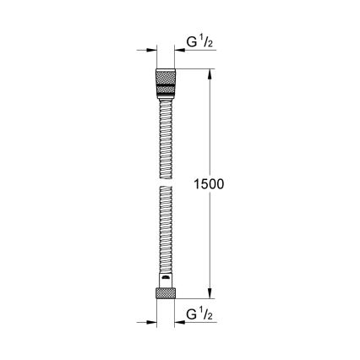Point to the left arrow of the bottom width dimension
click(x=153, y=322)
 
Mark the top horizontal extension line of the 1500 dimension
click(x=199, y=70)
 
